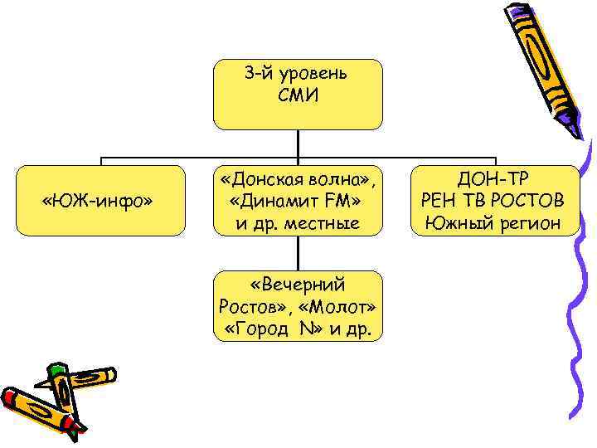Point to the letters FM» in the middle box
pyautogui.click(x=343, y=201)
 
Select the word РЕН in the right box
pyautogui.click(x=439, y=201)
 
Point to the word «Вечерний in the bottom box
pyautogui.click(x=299, y=286)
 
